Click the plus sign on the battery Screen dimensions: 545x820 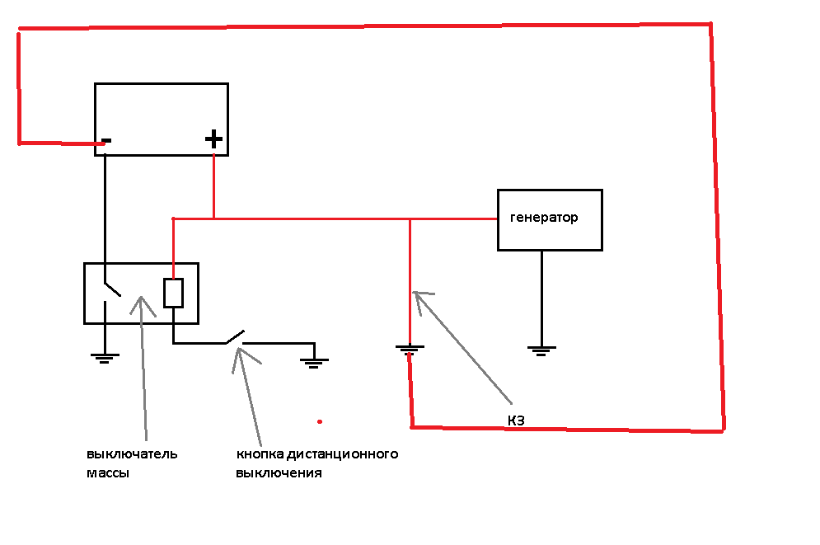tap(213, 139)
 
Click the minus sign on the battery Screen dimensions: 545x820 tap(106, 141)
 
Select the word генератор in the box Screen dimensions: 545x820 tap(544, 218)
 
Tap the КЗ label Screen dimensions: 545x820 tap(516, 421)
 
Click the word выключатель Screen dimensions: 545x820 tap(132, 454)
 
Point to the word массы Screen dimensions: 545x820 tap(108, 474)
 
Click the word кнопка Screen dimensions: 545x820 tap(260, 454)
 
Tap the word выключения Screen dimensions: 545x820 tap(279, 474)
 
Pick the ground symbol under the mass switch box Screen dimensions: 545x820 tap(105, 359)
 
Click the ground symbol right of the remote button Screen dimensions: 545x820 tap(314, 360)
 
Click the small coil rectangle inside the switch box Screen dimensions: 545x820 tap(173, 293)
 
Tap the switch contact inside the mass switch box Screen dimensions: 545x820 tap(111, 289)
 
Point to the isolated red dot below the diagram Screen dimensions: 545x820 tap(320, 421)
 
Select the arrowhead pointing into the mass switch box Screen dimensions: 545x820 tap(142, 299)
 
